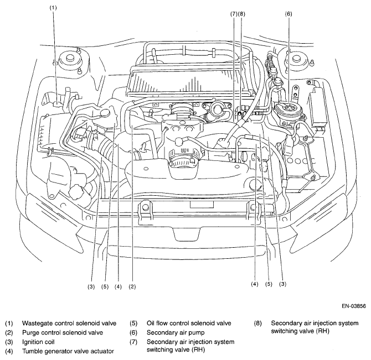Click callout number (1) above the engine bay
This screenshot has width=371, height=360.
pyautogui.click(x=53, y=8)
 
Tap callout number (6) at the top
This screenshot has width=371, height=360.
pyautogui.click(x=288, y=14)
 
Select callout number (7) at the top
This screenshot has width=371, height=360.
pyautogui.click(x=234, y=14)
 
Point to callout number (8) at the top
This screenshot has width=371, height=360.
pyautogui.click(x=241, y=14)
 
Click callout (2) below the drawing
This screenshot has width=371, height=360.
pyautogui.click(x=132, y=287)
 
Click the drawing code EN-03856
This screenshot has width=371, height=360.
pyautogui.click(x=354, y=306)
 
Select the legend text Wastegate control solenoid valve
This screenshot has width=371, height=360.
pyautogui.click(x=69, y=323)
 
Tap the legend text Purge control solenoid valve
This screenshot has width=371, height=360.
pyautogui.click(x=63, y=332)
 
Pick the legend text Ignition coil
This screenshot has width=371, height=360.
pyautogui.click(x=38, y=342)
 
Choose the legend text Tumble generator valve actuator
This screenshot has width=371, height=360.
pyautogui.click(x=68, y=351)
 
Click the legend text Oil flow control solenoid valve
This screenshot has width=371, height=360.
pyautogui.click(x=189, y=323)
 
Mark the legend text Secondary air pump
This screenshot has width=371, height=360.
pyautogui.click(x=176, y=332)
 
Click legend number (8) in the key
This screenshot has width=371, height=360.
pyautogui.click(x=258, y=323)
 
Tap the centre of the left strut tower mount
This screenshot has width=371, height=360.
pyautogui.click(x=70, y=59)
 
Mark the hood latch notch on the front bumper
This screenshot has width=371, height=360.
pyautogui.click(x=186, y=233)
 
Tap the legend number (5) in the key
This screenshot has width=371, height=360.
pyautogui.click(x=133, y=323)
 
